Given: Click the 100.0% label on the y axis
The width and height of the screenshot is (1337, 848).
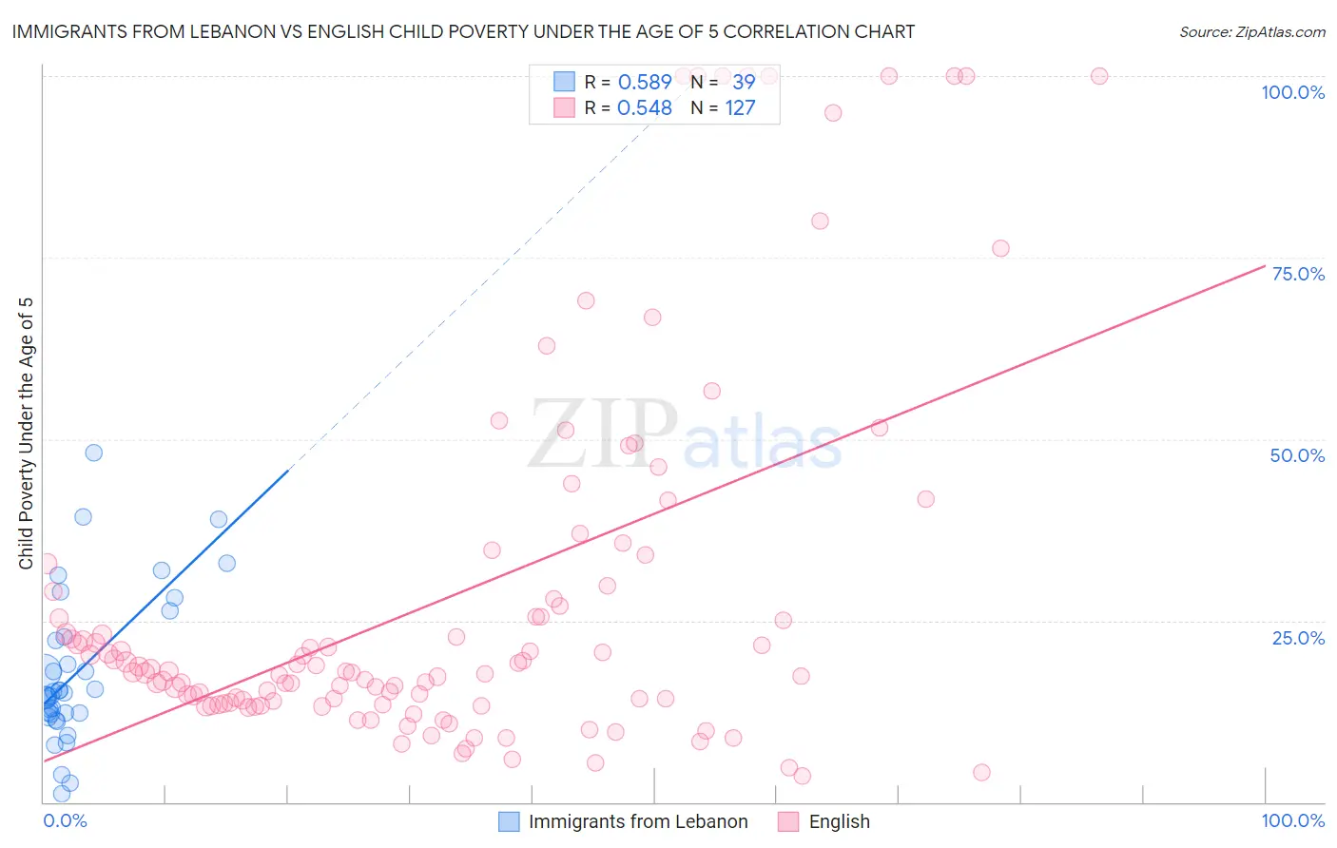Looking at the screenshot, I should [1292, 92].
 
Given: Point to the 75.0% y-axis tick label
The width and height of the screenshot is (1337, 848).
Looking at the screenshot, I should [1298, 274].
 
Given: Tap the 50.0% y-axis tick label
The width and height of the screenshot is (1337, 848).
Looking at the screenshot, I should [1297, 455].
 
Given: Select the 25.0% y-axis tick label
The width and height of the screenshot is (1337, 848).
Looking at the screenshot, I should [1298, 638].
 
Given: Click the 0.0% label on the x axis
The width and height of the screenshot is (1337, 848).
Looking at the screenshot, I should [65, 821].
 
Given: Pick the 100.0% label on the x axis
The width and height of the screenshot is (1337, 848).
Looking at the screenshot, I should [1292, 821].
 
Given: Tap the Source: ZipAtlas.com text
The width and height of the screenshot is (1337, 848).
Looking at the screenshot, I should [1251, 32].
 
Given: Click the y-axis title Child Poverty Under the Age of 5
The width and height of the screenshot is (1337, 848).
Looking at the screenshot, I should [27, 434].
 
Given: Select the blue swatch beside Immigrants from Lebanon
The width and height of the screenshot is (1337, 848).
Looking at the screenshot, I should [510, 821].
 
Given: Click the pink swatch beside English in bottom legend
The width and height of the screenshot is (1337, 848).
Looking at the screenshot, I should [788, 821].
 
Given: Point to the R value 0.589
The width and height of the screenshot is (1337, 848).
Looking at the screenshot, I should [645, 83].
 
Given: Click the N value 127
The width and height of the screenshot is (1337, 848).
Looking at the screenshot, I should [740, 108].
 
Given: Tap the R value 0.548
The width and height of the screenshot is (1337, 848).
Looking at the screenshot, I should [645, 108].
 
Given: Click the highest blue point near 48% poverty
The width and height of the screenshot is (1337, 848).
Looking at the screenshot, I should [93, 453].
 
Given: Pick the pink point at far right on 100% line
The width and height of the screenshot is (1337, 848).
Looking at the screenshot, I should [1099, 76].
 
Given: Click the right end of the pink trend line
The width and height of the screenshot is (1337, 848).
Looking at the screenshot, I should [1265, 265].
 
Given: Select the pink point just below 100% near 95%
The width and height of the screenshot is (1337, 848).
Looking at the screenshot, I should [833, 113].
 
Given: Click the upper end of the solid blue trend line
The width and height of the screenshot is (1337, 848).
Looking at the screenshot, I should [287, 470].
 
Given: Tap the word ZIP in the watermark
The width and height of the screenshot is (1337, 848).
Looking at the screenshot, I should [602, 434].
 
